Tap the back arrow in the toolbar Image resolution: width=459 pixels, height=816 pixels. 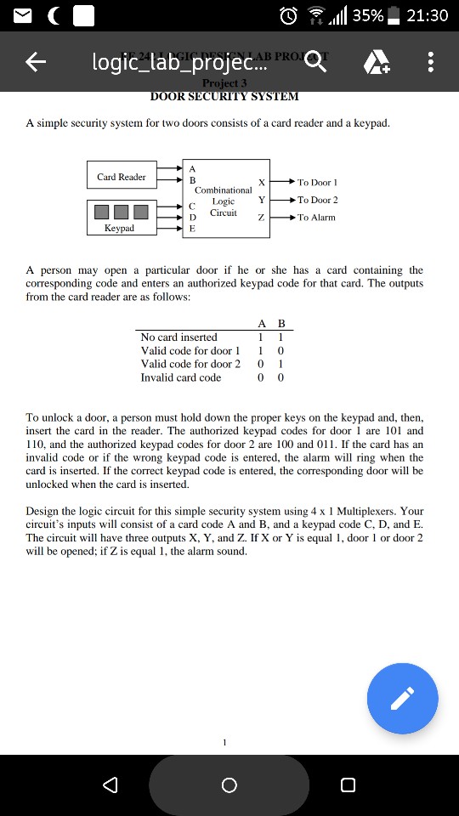(x=35, y=62)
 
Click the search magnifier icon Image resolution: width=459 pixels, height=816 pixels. (x=315, y=62)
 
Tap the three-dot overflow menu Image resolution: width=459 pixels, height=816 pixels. (x=431, y=62)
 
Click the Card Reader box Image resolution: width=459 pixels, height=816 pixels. (x=121, y=177)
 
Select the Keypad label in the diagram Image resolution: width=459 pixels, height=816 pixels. (x=120, y=228)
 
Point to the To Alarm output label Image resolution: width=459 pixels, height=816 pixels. (x=316, y=218)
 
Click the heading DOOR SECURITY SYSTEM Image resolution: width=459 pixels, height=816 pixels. (x=224, y=96)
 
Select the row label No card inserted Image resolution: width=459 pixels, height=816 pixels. (x=178, y=337)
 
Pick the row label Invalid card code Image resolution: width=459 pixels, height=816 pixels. (x=180, y=377)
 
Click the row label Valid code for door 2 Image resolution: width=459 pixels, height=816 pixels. (x=190, y=364)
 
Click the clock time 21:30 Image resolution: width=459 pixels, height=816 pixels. (x=428, y=15)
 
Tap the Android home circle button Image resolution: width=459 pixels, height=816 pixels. (x=229, y=785)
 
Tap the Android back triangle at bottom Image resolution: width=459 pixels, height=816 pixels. (x=110, y=785)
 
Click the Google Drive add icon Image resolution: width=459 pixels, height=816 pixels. (x=374, y=62)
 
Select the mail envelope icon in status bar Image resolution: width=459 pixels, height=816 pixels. (x=20, y=15)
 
